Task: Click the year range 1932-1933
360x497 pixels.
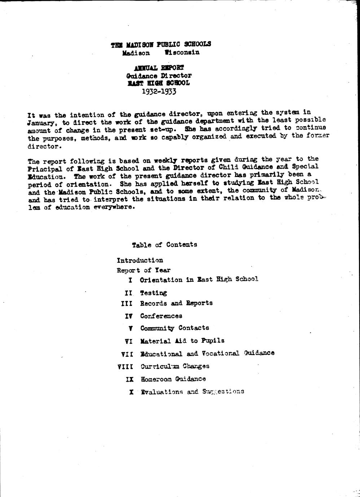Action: [159, 91]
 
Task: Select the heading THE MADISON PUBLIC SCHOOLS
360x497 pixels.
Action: [161, 44]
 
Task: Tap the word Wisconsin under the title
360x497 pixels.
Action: [182, 52]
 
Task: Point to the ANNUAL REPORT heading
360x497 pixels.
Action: [159, 68]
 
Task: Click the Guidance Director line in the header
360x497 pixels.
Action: [159, 76]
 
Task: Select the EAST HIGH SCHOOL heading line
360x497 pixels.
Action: [159, 83]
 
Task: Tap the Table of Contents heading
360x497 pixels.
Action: [164, 245]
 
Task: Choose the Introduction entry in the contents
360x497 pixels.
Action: [140, 260]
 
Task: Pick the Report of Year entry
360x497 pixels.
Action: [144, 270]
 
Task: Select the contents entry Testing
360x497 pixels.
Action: [154, 293]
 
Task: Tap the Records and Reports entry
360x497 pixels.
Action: [176, 303]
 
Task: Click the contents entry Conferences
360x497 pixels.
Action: [161, 316]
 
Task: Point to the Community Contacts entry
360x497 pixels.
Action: [175, 328]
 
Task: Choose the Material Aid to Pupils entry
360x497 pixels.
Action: [182, 341]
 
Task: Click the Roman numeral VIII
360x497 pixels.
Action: [126, 367]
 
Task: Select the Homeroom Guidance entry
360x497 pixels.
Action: [173, 379]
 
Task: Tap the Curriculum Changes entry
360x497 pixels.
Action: [175, 366]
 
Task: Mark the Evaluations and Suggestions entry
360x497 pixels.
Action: [192, 392]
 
